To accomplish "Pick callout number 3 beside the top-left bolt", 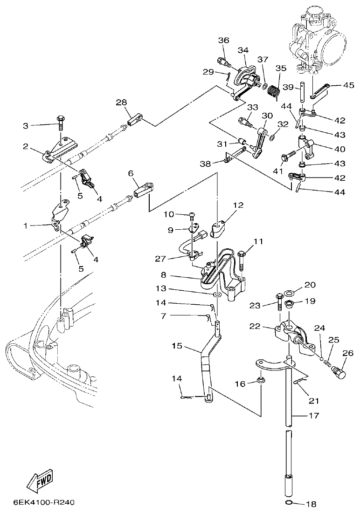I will tap(26, 125).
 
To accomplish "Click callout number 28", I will tap(121, 103).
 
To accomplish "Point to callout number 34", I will tap(243, 50).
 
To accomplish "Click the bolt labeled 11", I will tap(241, 259).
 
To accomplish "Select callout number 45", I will tap(348, 85).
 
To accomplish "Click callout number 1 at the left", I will tap(26, 226).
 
